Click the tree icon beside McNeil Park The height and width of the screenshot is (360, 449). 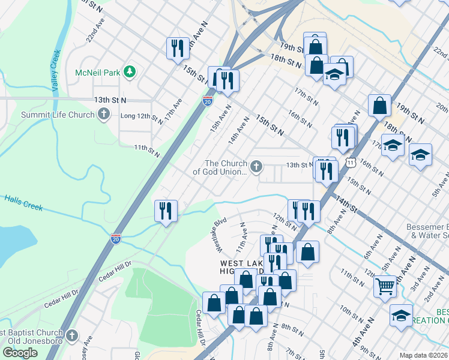coord(129,73)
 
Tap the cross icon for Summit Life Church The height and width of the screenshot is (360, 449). coord(104,115)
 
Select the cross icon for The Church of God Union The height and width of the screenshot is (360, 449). coord(256,167)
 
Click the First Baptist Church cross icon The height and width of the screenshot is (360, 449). coord(72,335)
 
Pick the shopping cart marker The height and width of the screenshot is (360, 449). coord(385,286)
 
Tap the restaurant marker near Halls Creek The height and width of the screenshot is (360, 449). coord(166,211)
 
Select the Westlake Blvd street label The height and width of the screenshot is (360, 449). coord(217,234)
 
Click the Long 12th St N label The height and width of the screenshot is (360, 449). coord(142,118)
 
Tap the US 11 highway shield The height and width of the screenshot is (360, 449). coord(351,162)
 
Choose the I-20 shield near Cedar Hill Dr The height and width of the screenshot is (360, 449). coord(115,238)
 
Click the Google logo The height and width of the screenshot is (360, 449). coord(20,353)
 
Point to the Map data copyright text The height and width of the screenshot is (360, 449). coord(423,355)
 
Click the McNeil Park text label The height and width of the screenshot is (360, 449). coord(98,73)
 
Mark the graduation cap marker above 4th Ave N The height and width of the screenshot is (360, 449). coord(401,315)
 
